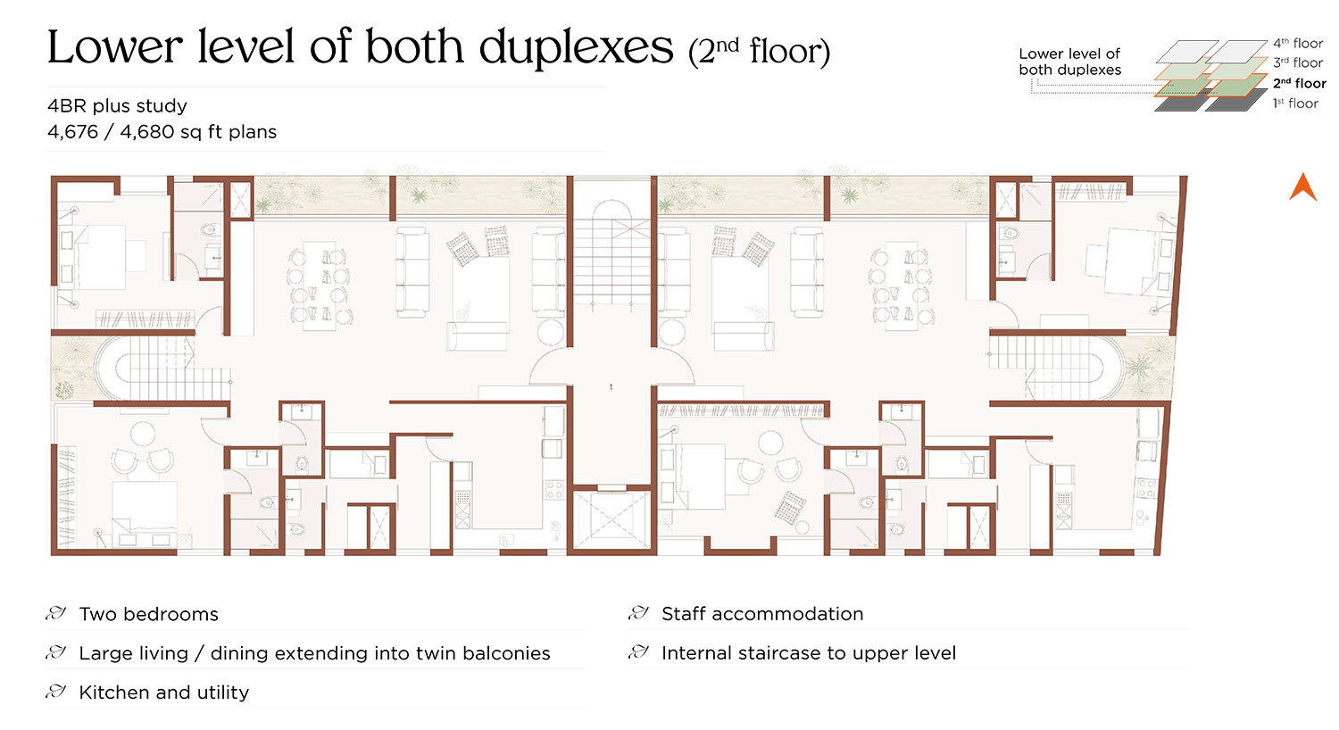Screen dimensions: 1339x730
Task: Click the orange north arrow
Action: [x=1302, y=187]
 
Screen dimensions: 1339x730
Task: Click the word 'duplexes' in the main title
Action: [x=577, y=47]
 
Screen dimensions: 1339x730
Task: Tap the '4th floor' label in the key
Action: [x=1298, y=43]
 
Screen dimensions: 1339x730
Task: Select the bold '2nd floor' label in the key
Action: [x=1300, y=83]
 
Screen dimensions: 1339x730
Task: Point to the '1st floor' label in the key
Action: [x=1295, y=104]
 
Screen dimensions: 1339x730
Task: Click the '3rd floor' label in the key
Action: [x=1298, y=62]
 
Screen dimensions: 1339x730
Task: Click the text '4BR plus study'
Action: [x=117, y=106]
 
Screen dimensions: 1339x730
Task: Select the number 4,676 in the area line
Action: [x=72, y=132]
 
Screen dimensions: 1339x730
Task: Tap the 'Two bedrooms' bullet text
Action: [x=149, y=614]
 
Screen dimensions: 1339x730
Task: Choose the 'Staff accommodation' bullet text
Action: [x=762, y=614]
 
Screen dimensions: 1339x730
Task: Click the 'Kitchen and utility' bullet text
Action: [x=163, y=693]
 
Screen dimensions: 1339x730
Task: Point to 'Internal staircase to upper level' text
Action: [x=809, y=653]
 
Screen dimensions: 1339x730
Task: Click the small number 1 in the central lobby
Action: [x=611, y=387]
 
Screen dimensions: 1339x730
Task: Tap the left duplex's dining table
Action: [x=318, y=283]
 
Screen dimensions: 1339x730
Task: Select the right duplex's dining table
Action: [x=902, y=283]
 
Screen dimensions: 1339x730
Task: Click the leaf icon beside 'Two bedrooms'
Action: [x=56, y=613]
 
